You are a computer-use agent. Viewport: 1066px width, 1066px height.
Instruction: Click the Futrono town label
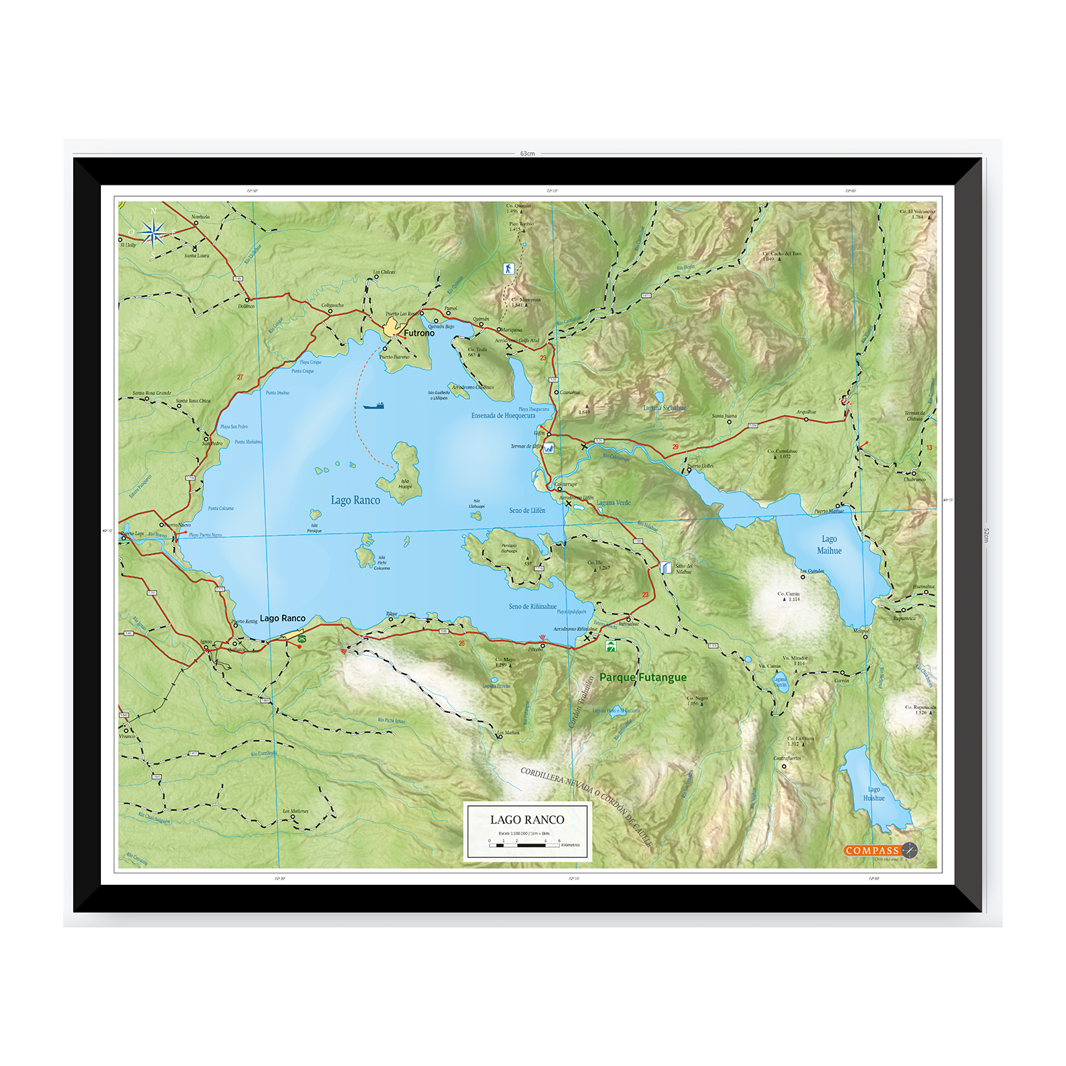(x=419, y=333)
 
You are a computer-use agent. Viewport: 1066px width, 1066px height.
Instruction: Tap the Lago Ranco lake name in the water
(x=355, y=500)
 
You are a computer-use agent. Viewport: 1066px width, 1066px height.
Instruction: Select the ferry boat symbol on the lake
(x=374, y=406)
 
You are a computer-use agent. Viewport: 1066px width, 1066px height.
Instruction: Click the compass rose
(x=153, y=232)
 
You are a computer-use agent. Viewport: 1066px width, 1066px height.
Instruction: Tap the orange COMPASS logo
(x=873, y=851)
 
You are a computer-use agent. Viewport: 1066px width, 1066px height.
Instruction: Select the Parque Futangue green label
(x=643, y=677)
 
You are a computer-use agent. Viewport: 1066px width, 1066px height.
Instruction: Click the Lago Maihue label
(x=829, y=545)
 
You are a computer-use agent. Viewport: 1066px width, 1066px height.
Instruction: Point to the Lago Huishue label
(x=873, y=794)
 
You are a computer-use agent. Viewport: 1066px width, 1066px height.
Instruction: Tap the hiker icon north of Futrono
(x=507, y=269)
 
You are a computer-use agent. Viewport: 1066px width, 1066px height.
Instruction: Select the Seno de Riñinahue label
(x=532, y=607)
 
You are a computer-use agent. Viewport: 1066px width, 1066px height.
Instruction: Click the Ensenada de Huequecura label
(x=503, y=416)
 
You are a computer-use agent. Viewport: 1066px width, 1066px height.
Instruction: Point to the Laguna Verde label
(x=613, y=502)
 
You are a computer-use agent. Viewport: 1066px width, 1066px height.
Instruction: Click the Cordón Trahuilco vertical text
(x=582, y=701)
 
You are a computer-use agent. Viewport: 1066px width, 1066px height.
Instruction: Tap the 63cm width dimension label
(x=527, y=154)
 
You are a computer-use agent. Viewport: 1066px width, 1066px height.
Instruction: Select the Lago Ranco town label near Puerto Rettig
(x=282, y=618)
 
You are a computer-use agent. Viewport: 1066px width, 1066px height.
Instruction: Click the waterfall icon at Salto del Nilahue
(x=665, y=567)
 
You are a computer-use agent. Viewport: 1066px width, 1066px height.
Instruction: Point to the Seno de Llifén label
(x=527, y=510)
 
